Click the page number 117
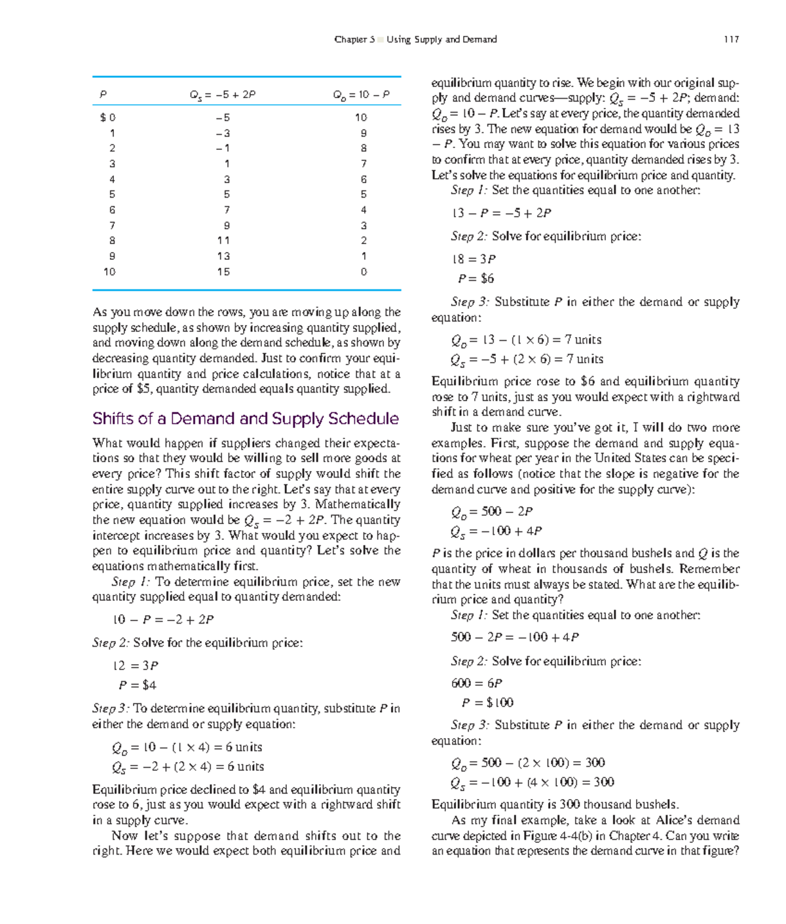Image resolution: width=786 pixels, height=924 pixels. point(731,39)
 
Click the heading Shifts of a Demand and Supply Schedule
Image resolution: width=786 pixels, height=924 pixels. point(246,419)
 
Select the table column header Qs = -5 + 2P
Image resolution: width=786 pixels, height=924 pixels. point(223,95)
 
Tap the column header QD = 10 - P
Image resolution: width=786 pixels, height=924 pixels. point(362,95)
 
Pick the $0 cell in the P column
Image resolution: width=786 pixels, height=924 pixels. point(108,118)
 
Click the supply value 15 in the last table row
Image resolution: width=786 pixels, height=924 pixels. point(223,272)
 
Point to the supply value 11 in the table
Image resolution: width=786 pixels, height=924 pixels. point(223,241)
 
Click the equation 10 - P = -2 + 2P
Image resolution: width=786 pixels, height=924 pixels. point(163,620)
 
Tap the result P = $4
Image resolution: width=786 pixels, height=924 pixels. point(138,685)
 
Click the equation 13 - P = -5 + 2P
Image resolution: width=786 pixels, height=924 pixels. point(501,213)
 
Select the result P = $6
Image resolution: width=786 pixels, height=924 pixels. point(476,279)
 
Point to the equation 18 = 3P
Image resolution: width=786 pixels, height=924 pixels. point(474,259)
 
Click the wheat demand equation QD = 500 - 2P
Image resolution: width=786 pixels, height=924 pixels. point(491,512)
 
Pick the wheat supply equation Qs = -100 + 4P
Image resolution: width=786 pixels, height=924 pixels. point(496,531)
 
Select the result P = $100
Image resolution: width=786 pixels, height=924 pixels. point(487,703)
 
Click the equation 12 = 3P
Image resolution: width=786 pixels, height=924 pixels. point(136,666)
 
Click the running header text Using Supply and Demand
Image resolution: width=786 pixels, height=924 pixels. point(441,39)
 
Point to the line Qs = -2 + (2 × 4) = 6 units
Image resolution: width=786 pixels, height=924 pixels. point(188,767)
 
